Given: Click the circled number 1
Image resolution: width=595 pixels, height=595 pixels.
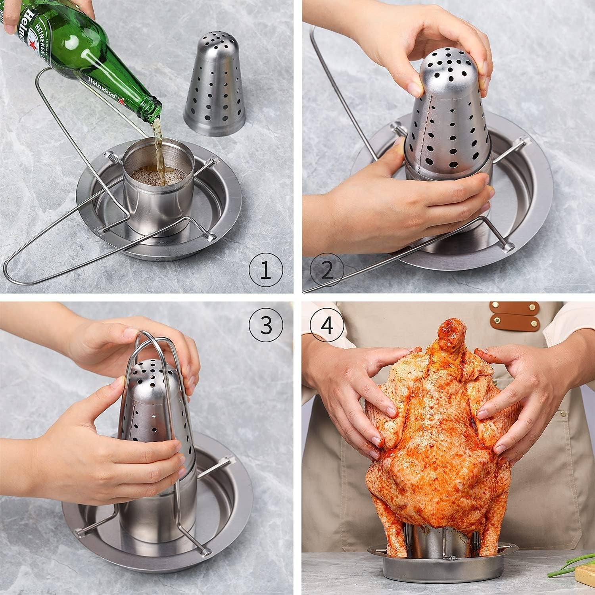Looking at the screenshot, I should pyautogui.click(x=265, y=271).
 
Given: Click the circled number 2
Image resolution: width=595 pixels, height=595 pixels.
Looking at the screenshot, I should pyautogui.click(x=327, y=271).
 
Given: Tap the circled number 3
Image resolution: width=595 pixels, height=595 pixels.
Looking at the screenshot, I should pyautogui.click(x=265, y=325).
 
